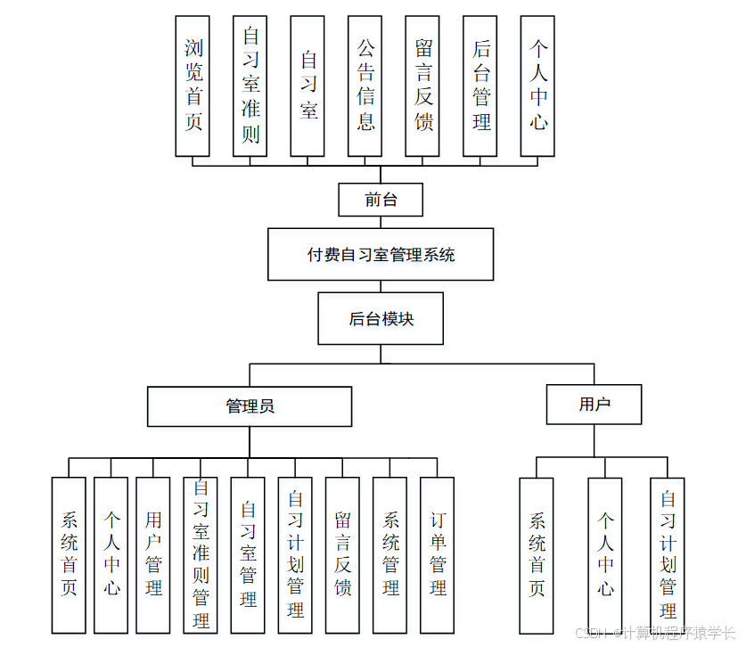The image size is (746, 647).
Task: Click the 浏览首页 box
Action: tap(193, 86)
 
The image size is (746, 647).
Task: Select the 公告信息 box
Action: tap(365, 86)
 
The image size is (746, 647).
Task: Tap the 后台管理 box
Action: tap(480, 86)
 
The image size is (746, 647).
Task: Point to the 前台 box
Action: tap(381, 200)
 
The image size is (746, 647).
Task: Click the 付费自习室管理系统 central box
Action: tap(381, 255)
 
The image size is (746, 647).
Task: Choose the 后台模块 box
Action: tap(381, 318)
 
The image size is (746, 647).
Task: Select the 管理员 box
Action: tap(250, 406)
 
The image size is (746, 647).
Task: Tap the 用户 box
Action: tap(594, 405)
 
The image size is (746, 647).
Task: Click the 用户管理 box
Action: tap(153, 554)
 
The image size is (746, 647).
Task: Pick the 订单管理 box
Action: tap(437, 554)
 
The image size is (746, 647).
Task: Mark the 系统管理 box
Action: tap(389, 554)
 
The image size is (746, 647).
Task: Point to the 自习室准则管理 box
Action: tap(201, 554)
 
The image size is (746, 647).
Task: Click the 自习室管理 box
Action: tap(248, 554)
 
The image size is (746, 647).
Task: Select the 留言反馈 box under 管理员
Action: tap(342, 554)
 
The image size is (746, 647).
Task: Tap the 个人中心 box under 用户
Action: tap(604, 554)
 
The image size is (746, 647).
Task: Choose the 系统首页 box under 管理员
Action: tap(69, 554)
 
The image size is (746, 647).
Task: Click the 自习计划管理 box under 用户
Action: tap(668, 554)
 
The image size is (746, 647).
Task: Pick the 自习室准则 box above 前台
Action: tap(250, 86)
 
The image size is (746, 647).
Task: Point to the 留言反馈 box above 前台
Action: tap(422, 86)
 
